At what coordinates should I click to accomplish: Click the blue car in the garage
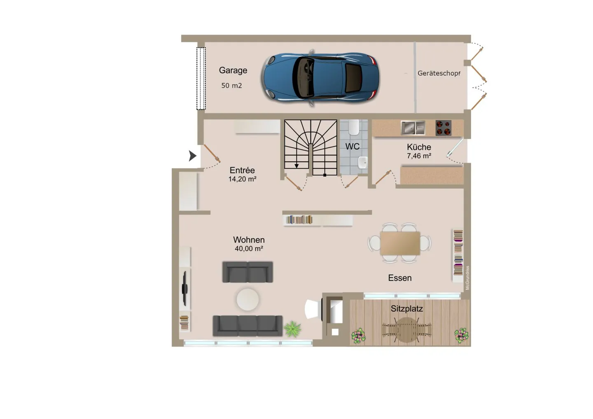coord(320,78)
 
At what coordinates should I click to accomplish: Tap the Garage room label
coord(233,70)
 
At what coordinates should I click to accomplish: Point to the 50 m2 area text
coord(231,86)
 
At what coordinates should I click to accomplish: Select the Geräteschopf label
coord(439,73)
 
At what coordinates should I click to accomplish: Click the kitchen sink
coord(413,128)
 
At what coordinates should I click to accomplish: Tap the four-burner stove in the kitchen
coord(444,128)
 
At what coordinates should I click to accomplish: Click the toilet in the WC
coord(353,127)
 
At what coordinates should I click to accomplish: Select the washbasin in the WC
coord(362,162)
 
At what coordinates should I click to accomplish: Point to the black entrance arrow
coord(192,156)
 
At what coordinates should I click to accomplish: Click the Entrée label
coord(242,170)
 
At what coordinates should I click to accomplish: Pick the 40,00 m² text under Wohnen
coord(249,249)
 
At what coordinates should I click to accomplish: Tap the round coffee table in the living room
coord(248,299)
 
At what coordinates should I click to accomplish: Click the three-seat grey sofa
coord(247,326)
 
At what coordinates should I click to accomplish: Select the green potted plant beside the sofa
coord(292,329)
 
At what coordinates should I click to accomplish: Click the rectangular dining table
coord(400,243)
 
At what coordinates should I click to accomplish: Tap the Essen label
coord(400,278)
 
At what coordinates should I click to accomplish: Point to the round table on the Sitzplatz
coord(407,330)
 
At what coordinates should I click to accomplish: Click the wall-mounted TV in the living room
coord(185,289)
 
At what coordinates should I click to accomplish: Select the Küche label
coord(419,147)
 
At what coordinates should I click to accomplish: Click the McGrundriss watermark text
coord(467,278)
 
